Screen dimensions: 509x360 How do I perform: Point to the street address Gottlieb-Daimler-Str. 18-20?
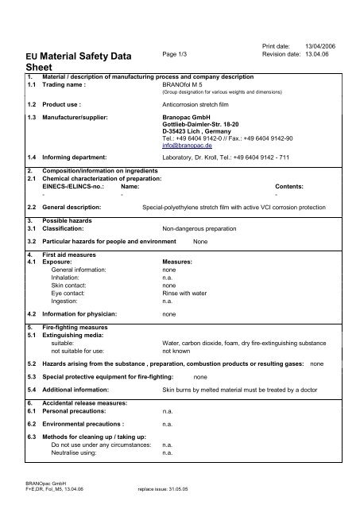pyautogui.click(x=202, y=126)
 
